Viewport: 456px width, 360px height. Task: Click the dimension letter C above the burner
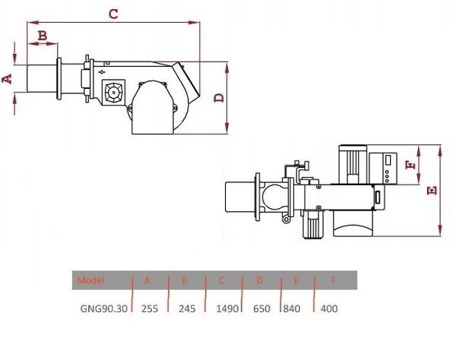point(113,14)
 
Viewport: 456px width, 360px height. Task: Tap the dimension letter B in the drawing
point(43,36)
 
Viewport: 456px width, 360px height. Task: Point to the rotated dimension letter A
point(7,78)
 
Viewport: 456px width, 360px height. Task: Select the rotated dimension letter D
point(219,98)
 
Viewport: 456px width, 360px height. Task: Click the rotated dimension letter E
point(432,191)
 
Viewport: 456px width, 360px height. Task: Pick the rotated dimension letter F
point(410,165)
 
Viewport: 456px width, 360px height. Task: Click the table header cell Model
point(90,280)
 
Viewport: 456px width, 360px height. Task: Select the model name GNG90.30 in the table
point(104,308)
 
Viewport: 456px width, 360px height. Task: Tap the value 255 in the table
point(150,308)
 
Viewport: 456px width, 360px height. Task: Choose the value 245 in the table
point(187,308)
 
